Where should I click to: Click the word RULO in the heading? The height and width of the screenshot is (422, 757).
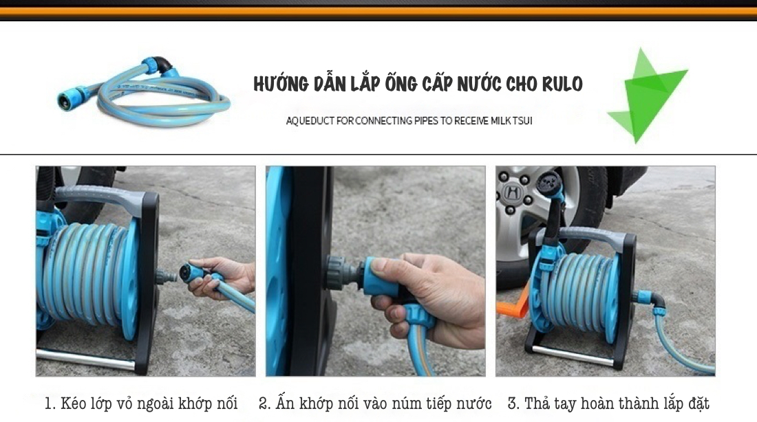point(562,84)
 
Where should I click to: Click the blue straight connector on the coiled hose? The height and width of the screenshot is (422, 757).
point(72,96)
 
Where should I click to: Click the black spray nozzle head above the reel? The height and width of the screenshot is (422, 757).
point(548,185)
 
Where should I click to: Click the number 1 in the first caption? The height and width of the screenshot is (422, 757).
point(48,403)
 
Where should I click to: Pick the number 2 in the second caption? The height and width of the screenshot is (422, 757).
point(263,403)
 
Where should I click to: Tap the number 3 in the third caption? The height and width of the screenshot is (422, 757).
point(512,403)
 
